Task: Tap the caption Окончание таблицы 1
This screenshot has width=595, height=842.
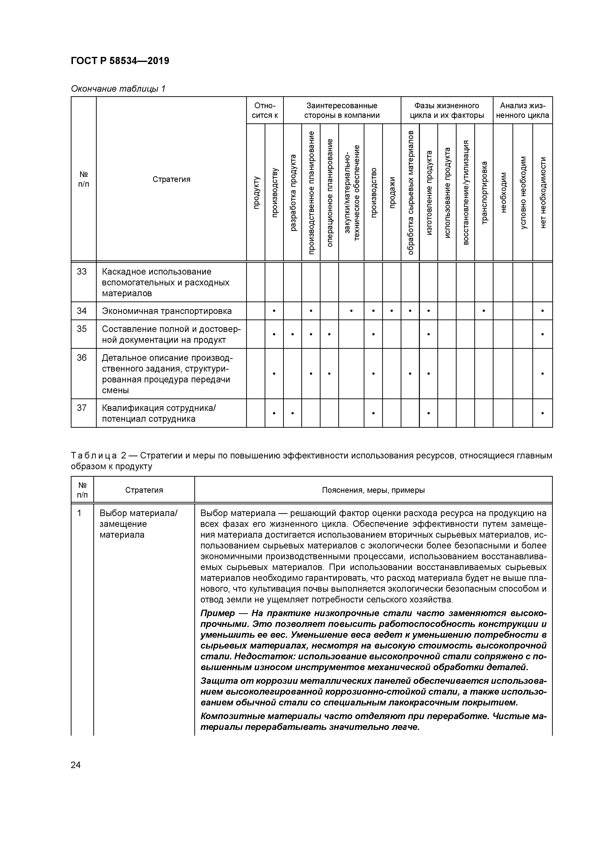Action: point(118,89)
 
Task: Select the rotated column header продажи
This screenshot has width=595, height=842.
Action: point(392,192)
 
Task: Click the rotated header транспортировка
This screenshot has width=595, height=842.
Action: point(484,192)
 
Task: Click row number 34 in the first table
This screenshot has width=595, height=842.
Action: point(82,311)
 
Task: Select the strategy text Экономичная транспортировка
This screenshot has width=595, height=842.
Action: point(167,311)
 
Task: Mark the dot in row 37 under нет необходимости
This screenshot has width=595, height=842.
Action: point(542,413)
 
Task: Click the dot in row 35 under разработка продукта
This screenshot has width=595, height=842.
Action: point(292,334)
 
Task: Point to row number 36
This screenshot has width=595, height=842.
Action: point(82,358)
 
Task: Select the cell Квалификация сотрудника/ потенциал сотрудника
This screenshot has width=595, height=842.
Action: point(159,413)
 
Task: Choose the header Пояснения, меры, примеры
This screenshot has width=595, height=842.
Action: point(373,490)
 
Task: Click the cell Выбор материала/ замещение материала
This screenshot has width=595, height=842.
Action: point(138,524)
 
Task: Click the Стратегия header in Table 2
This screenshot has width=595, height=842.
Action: point(144,490)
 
